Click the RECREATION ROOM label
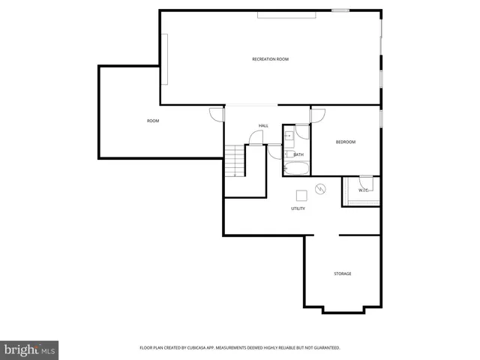[x=270, y=59]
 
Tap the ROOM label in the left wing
[x=153, y=121]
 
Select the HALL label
[x=263, y=125]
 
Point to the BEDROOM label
[x=345, y=142]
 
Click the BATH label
[x=298, y=154]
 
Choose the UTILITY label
[x=298, y=208]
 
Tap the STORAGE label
[x=342, y=274]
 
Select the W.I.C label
[x=363, y=190]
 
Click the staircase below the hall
[x=235, y=160]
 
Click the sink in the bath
[x=289, y=136]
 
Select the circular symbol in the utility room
[x=321, y=189]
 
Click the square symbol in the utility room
[x=301, y=195]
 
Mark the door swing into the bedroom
[x=318, y=115]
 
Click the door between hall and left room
[x=217, y=115]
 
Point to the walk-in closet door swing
[x=366, y=181]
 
